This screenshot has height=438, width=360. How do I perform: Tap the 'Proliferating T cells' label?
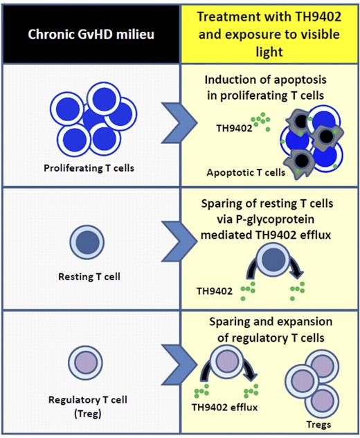pyautogui.click(x=91, y=167)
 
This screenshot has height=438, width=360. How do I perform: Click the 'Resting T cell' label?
pyautogui.click(x=91, y=279)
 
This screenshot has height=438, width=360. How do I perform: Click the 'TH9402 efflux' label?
pyautogui.click(x=224, y=408)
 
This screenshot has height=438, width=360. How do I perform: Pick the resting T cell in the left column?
pyautogui.click(x=91, y=246)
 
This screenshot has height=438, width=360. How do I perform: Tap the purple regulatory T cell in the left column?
pyautogui.click(x=90, y=363)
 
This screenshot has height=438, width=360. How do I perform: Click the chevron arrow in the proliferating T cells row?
pyautogui.click(x=170, y=125)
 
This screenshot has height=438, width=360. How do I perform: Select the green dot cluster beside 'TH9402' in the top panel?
pyautogui.click(x=261, y=122)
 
